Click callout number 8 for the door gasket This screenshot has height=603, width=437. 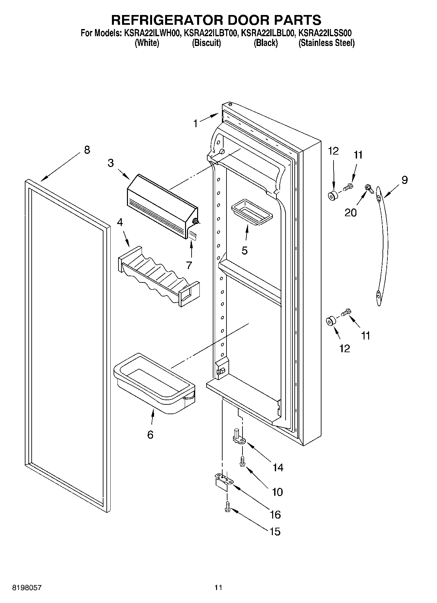(87, 150)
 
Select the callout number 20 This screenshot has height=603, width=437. (351, 213)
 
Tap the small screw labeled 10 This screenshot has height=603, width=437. (242, 461)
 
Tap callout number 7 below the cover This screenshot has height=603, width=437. (189, 265)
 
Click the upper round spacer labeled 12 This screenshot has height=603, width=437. (333, 196)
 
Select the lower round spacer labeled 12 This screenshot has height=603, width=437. (331, 321)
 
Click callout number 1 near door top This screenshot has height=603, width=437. (195, 124)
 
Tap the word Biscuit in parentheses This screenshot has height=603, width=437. (206, 43)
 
